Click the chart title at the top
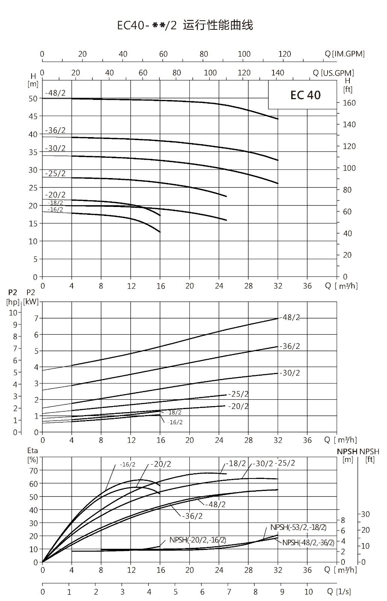(x=185, y=25)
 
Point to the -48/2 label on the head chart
(x=55, y=93)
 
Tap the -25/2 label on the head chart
(x=55, y=173)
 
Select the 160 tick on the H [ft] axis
(x=349, y=103)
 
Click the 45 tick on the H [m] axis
(x=33, y=116)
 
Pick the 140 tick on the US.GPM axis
(x=278, y=73)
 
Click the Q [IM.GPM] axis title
(x=345, y=54)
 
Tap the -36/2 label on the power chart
(x=290, y=346)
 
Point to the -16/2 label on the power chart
(x=175, y=422)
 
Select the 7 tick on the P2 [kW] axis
(x=36, y=318)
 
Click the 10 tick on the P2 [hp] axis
(x=13, y=313)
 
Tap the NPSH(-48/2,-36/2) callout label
(x=308, y=542)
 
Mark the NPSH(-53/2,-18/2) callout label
(x=298, y=527)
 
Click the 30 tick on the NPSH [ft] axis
(x=365, y=514)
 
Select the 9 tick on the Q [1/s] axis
(x=282, y=592)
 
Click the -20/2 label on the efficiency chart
(x=161, y=464)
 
